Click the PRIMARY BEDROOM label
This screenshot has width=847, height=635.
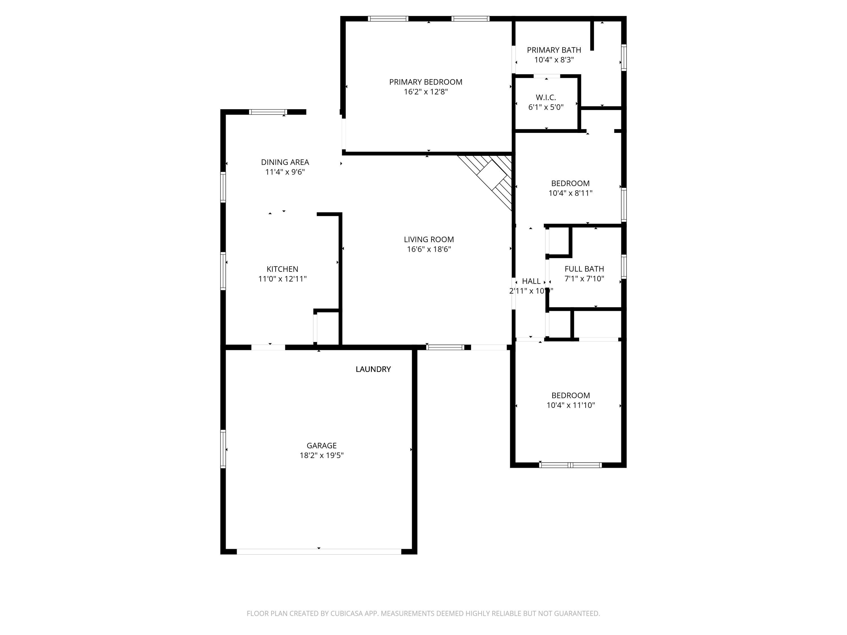425,82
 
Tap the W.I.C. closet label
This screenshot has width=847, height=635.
546,98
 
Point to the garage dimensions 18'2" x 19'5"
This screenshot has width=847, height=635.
321,456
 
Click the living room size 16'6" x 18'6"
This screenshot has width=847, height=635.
429,249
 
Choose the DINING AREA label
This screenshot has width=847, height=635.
285,162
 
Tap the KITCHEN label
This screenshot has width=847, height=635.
282,269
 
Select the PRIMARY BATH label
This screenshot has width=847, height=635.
554,50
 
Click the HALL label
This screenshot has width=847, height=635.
531,281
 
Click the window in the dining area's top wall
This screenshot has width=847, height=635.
268,112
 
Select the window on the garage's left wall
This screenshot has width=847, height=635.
223,449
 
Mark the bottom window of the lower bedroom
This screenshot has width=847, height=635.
570,465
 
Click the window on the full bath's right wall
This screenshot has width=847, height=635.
624,266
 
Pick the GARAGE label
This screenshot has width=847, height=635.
321,446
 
